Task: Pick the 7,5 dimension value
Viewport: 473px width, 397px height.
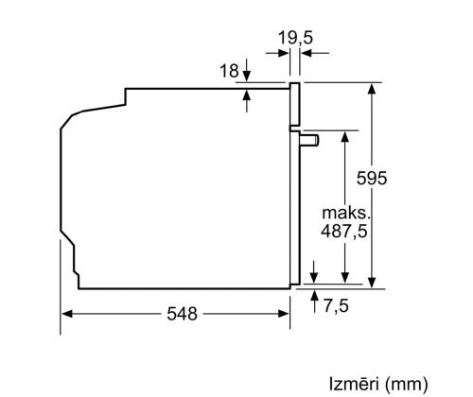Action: (x=335, y=305)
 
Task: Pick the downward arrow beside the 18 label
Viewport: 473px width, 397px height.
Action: (x=246, y=77)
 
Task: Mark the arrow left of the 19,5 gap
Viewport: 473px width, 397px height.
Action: (x=284, y=53)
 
